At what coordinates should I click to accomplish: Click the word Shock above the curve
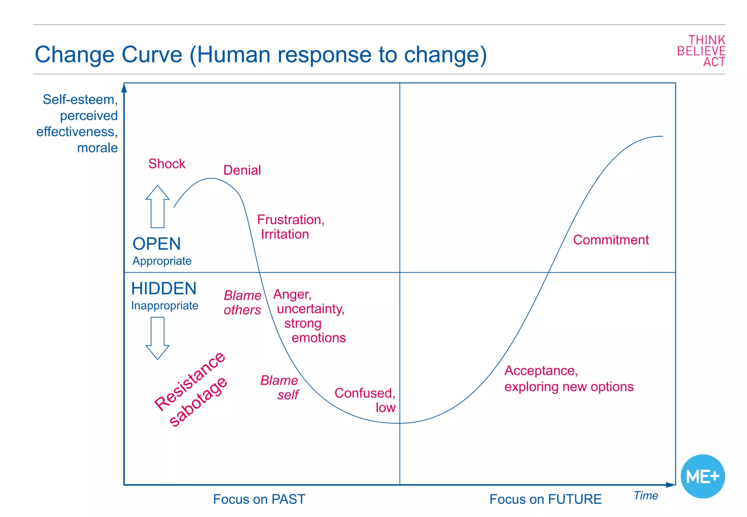point(167,164)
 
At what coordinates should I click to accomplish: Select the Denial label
point(242,170)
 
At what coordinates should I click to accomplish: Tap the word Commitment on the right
point(611,240)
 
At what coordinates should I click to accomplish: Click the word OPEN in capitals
point(156,244)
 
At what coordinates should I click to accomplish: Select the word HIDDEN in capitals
point(164,288)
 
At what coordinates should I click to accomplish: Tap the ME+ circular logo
point(703,476)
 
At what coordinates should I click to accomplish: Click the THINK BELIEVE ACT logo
point(701,51)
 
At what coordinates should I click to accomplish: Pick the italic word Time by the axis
point(646,495)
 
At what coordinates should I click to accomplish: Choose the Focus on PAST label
point(259,499)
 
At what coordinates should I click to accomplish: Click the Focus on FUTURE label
point(545,499)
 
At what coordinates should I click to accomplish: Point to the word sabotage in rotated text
point(198,401)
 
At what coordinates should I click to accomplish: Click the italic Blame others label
point(243,303)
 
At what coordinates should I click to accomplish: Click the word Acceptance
point(541,370)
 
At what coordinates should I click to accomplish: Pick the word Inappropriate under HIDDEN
point(165,306)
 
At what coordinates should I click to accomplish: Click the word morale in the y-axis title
point(97,148)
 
